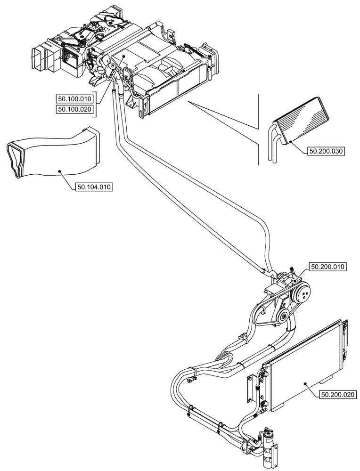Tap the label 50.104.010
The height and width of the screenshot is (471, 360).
(94, 187)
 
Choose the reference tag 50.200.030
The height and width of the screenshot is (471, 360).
(326, 151)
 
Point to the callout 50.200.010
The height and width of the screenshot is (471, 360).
(327, 267)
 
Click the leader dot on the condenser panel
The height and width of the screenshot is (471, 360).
(306, 384)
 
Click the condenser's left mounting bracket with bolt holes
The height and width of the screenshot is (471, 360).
(251, 387)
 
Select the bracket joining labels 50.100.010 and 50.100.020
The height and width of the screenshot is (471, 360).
(95, 104)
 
